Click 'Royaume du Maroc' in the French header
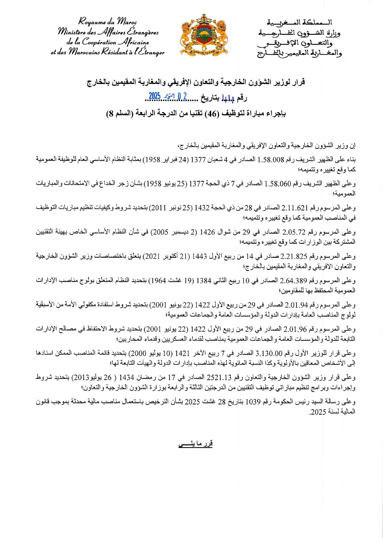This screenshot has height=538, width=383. (x=108, y=22)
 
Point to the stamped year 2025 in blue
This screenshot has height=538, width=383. (x=155, y=96)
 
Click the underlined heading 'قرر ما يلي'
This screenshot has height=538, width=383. (x=196, y=444)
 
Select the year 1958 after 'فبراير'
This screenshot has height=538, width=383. (x=153, y=160)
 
